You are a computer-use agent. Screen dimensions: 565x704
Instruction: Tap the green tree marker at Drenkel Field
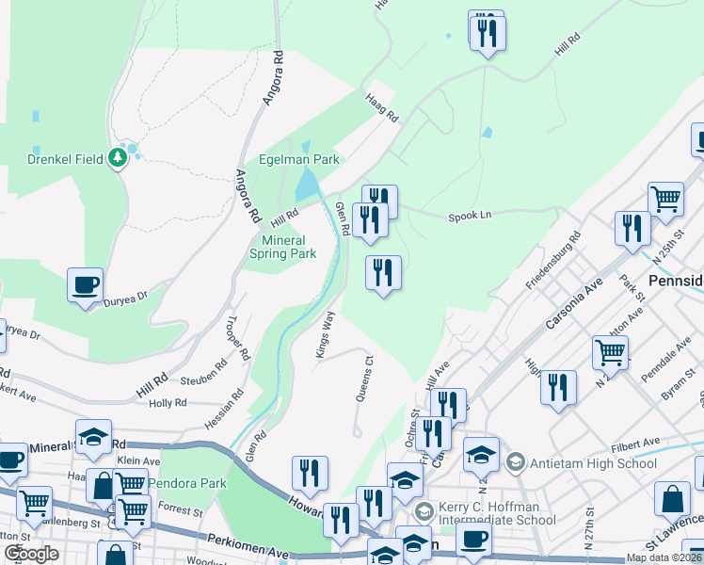pos(118,156)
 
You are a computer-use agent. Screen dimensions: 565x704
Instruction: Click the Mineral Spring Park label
pos(282,247)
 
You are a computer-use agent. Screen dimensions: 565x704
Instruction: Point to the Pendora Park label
pos(193,483)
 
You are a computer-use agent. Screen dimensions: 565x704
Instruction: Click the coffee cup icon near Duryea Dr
pos(85,284)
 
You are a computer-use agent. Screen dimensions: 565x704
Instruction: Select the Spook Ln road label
pos(472,216)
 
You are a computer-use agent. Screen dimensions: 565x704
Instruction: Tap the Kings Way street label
pos(324,333)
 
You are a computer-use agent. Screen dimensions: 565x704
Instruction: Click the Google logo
pos(31,554)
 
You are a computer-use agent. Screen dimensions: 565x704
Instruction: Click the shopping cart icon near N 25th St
pos(665,199)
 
